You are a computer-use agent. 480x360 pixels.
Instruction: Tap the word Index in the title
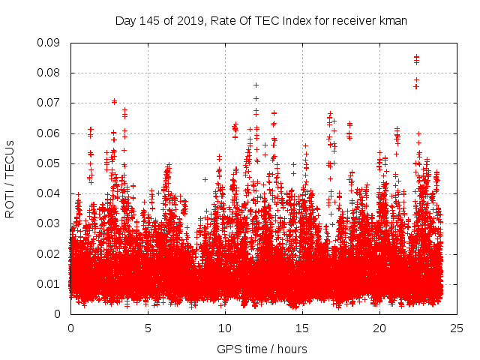click(295, 21)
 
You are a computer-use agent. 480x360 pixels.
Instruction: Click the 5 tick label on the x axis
click(148, 328)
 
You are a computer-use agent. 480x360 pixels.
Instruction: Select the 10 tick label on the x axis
click(225, 328)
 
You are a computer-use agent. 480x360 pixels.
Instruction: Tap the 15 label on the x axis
click(302, 328)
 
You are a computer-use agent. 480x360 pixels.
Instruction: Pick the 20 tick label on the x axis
click(379, 328)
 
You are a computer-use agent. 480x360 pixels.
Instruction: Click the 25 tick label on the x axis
click(457, 328)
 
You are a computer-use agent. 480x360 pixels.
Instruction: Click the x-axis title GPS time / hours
click(262, 349)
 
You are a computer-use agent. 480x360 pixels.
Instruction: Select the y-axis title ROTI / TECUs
click(10, 178)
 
